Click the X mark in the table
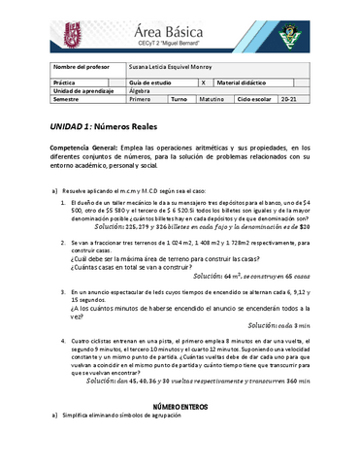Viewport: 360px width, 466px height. coord(203,83)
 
